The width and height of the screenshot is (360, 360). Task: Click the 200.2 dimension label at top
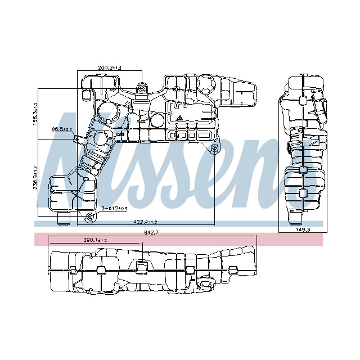109,67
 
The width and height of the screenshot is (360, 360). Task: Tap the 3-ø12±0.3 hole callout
114,209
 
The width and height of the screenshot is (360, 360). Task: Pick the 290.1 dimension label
94,240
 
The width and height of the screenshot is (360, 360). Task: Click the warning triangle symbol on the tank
179,119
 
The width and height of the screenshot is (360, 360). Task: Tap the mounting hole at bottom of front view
90,217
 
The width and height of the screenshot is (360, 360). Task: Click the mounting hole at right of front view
214,148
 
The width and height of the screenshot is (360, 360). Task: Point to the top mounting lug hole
143,88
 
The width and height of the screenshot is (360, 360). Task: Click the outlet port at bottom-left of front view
63,216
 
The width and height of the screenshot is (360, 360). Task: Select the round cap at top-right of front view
206,85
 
